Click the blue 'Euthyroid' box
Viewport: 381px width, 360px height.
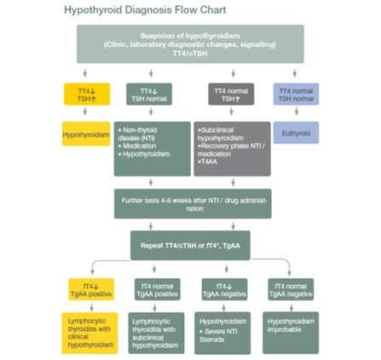click(296, 132)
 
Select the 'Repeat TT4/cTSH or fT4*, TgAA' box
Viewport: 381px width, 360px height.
click(190, 245)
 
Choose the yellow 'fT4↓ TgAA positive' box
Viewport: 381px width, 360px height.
click(90, 290)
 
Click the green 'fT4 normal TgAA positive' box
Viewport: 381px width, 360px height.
click(156, 290)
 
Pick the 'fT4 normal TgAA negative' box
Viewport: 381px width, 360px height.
click(292, 290)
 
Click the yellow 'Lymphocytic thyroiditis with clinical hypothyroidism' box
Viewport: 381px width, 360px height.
click(90, 333)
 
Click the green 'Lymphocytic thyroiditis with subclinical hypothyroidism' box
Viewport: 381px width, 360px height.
click(156, 333)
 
